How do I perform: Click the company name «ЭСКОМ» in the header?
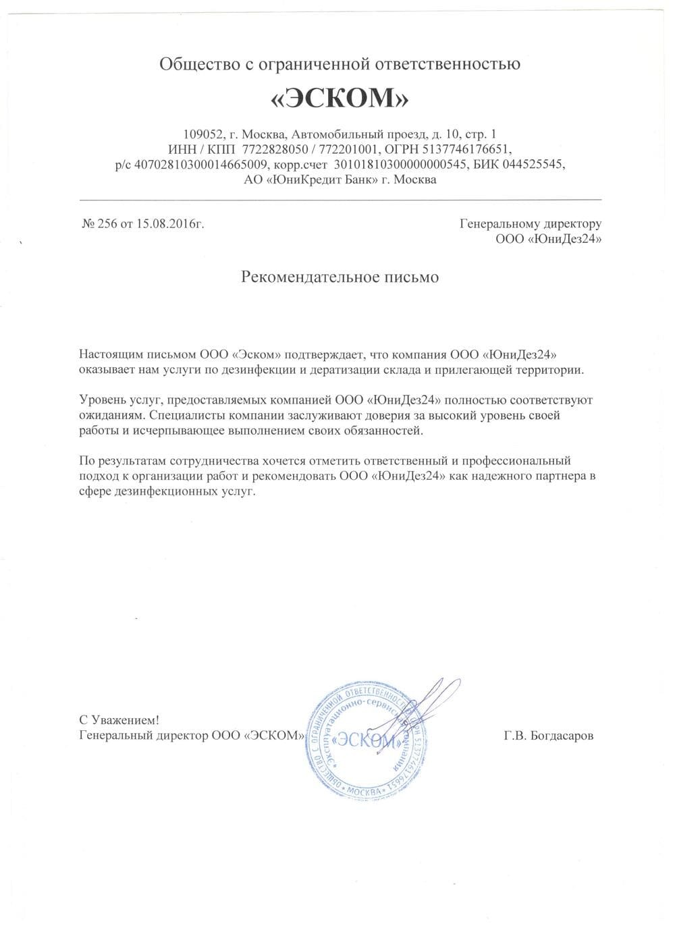click(x=340, y=99)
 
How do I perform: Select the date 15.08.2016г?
click(x=170, y=224)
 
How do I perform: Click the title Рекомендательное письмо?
click(x=340, y=277)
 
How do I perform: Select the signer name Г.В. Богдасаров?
click(x=548, y=736)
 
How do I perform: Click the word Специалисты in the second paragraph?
click(x=179, y=415)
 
